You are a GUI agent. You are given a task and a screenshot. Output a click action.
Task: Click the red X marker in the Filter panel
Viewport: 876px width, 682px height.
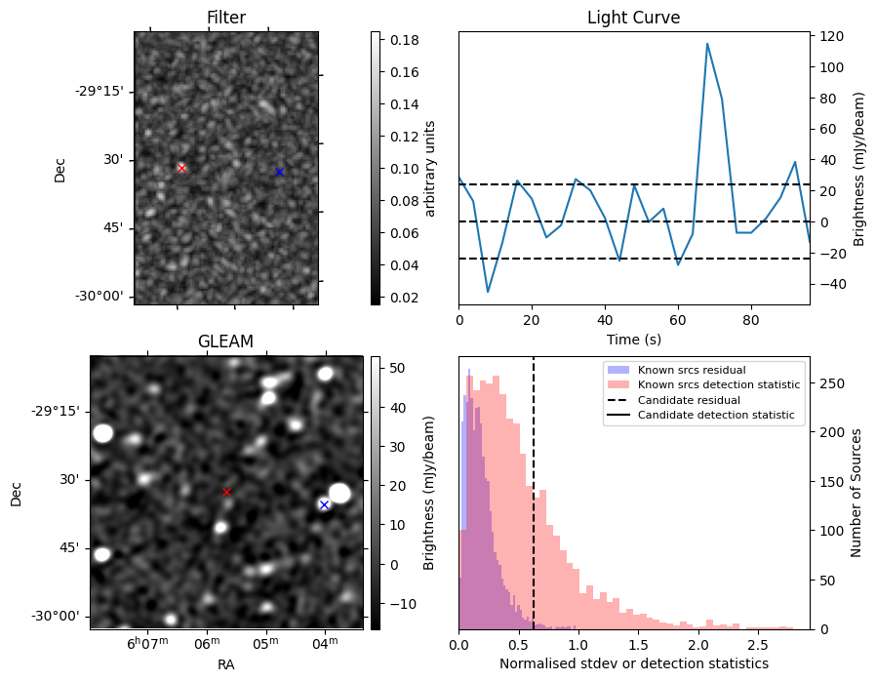tap(181, 168)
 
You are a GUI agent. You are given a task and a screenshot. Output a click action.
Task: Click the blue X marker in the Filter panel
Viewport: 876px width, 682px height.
tap(279, 172)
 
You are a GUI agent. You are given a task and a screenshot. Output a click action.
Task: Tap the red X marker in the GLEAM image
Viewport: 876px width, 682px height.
tap(227, 493)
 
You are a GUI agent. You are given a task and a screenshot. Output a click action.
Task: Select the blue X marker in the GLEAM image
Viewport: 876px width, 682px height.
tap(324, 504)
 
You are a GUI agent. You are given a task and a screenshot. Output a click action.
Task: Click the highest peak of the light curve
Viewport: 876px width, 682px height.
tap(707, 44)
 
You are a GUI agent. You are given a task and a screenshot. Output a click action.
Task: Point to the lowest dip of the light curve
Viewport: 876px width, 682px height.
tap(488, 292)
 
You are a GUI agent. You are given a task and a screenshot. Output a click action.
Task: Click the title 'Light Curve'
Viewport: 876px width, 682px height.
tap(633, 18)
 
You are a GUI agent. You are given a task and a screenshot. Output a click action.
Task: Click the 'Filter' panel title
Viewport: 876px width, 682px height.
tap(226, 18)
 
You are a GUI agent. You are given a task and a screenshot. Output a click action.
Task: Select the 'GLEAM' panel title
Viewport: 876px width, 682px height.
tap(225, 341)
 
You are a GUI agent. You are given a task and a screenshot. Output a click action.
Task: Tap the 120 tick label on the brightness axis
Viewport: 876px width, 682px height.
tap(831, 37)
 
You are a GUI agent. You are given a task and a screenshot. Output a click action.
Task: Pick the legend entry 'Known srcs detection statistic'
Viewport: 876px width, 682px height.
tap(718, 385)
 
